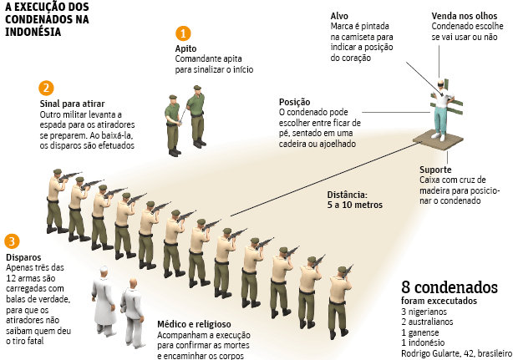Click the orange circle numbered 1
(x=183, y=33)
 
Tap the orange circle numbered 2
(x=46, y=88)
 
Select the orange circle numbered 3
(x=12, y=241)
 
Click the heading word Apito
(x=185, y=48)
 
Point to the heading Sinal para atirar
(x=72, y=104)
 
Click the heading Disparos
(x=23, y=257)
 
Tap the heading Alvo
(x=339, y=16)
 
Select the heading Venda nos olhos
(x=465, y=16)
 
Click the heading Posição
(x=294, y=102)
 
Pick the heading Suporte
(x=435, y=170)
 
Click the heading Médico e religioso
(x=194, y=324)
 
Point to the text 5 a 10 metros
(x=355, y=205)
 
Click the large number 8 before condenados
(x=406, y=287)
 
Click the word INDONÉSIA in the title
(x=33, y=32)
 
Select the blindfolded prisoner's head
(x=440, y=83)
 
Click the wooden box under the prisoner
(x=438, y=140)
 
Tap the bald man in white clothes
(x=133, y=312)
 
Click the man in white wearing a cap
(x=104, y=301)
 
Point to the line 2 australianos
(x=427, y=322)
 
